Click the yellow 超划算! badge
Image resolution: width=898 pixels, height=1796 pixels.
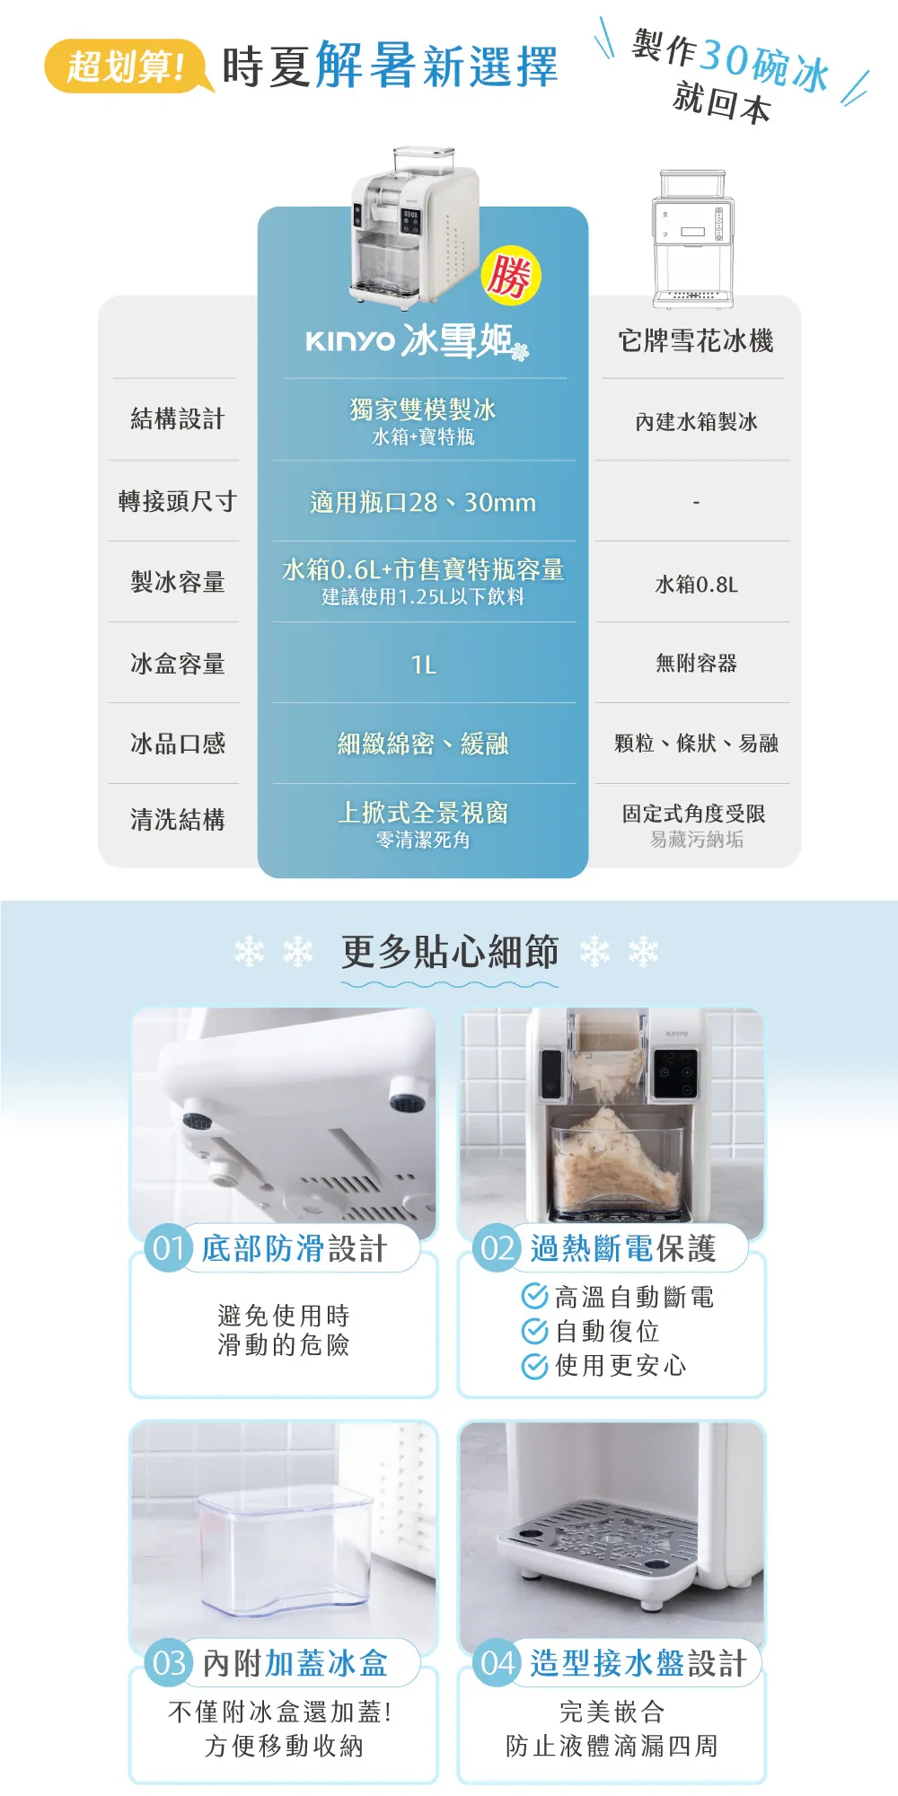pyautogui.click(x=128, y=66)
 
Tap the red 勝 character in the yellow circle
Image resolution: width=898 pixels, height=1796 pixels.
pyautogui.click(x=510, y=276)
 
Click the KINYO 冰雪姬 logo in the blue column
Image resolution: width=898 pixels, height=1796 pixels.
pyautogui.click(x=418, y=341)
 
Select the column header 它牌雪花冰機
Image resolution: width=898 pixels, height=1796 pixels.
pyautogui.click(x=696, y=341)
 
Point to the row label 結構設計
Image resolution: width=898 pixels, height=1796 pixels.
pyautogui.click(x=177, y=419)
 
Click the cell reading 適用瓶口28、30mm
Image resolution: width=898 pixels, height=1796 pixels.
pyautogui.click(x=423, y=502)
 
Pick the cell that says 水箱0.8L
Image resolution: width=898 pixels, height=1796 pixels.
pyautogui.click(x=696, y=585)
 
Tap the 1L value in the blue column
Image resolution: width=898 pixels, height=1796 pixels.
pyautogui.click(x=423, y=665)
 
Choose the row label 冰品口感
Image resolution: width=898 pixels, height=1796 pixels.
pyautogui.click(x=177, y=744)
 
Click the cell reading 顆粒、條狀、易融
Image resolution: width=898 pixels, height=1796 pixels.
pyautogui.click(x=696, y=744)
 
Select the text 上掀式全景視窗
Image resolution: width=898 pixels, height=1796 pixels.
pyautogui.click(x=423, y=813)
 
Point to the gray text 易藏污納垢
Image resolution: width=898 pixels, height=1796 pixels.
pyautogui.click(x=696, y=840)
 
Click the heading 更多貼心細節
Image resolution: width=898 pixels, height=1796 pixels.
pyautogui.click(x=450, y=952)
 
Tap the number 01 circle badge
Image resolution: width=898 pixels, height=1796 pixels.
pyautogui.click(x=169, y=1248)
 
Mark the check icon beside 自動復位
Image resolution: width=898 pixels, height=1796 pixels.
pyautogui.click(x=534, y=1331)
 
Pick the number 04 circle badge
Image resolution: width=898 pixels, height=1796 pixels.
pyautogui.click(x=497, y=1663)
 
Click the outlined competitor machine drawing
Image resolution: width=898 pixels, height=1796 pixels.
pyautogui.click(x=692, y=239)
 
